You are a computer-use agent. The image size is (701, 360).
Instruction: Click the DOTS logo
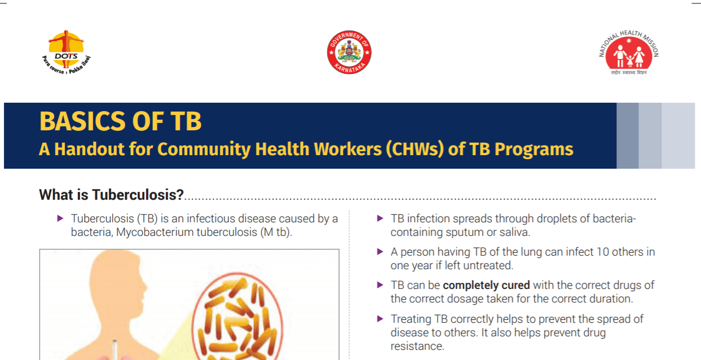coord(66,52)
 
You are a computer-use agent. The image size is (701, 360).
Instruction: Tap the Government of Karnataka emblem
coord(349,52)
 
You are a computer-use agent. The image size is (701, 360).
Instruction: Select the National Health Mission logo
coord(629,52)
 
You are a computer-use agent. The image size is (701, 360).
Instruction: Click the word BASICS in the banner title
coord(82,121)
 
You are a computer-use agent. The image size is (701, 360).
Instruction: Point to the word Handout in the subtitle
coord(90,149)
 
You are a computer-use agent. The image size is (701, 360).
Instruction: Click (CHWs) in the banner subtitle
coord(415,150)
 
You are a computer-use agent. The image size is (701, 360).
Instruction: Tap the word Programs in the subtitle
coord(534,150)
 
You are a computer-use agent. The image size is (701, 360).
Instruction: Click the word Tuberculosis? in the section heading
coord(138,195)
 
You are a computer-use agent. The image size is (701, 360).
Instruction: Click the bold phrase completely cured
coord(486,286)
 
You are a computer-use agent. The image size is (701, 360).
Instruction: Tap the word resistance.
coord(417,346)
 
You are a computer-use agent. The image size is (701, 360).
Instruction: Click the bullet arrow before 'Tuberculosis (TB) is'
coord(60,218)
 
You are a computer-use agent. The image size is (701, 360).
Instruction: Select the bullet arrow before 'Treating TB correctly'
coord(380,319)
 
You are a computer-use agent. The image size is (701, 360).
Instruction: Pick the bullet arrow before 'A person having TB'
coord(380,251)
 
